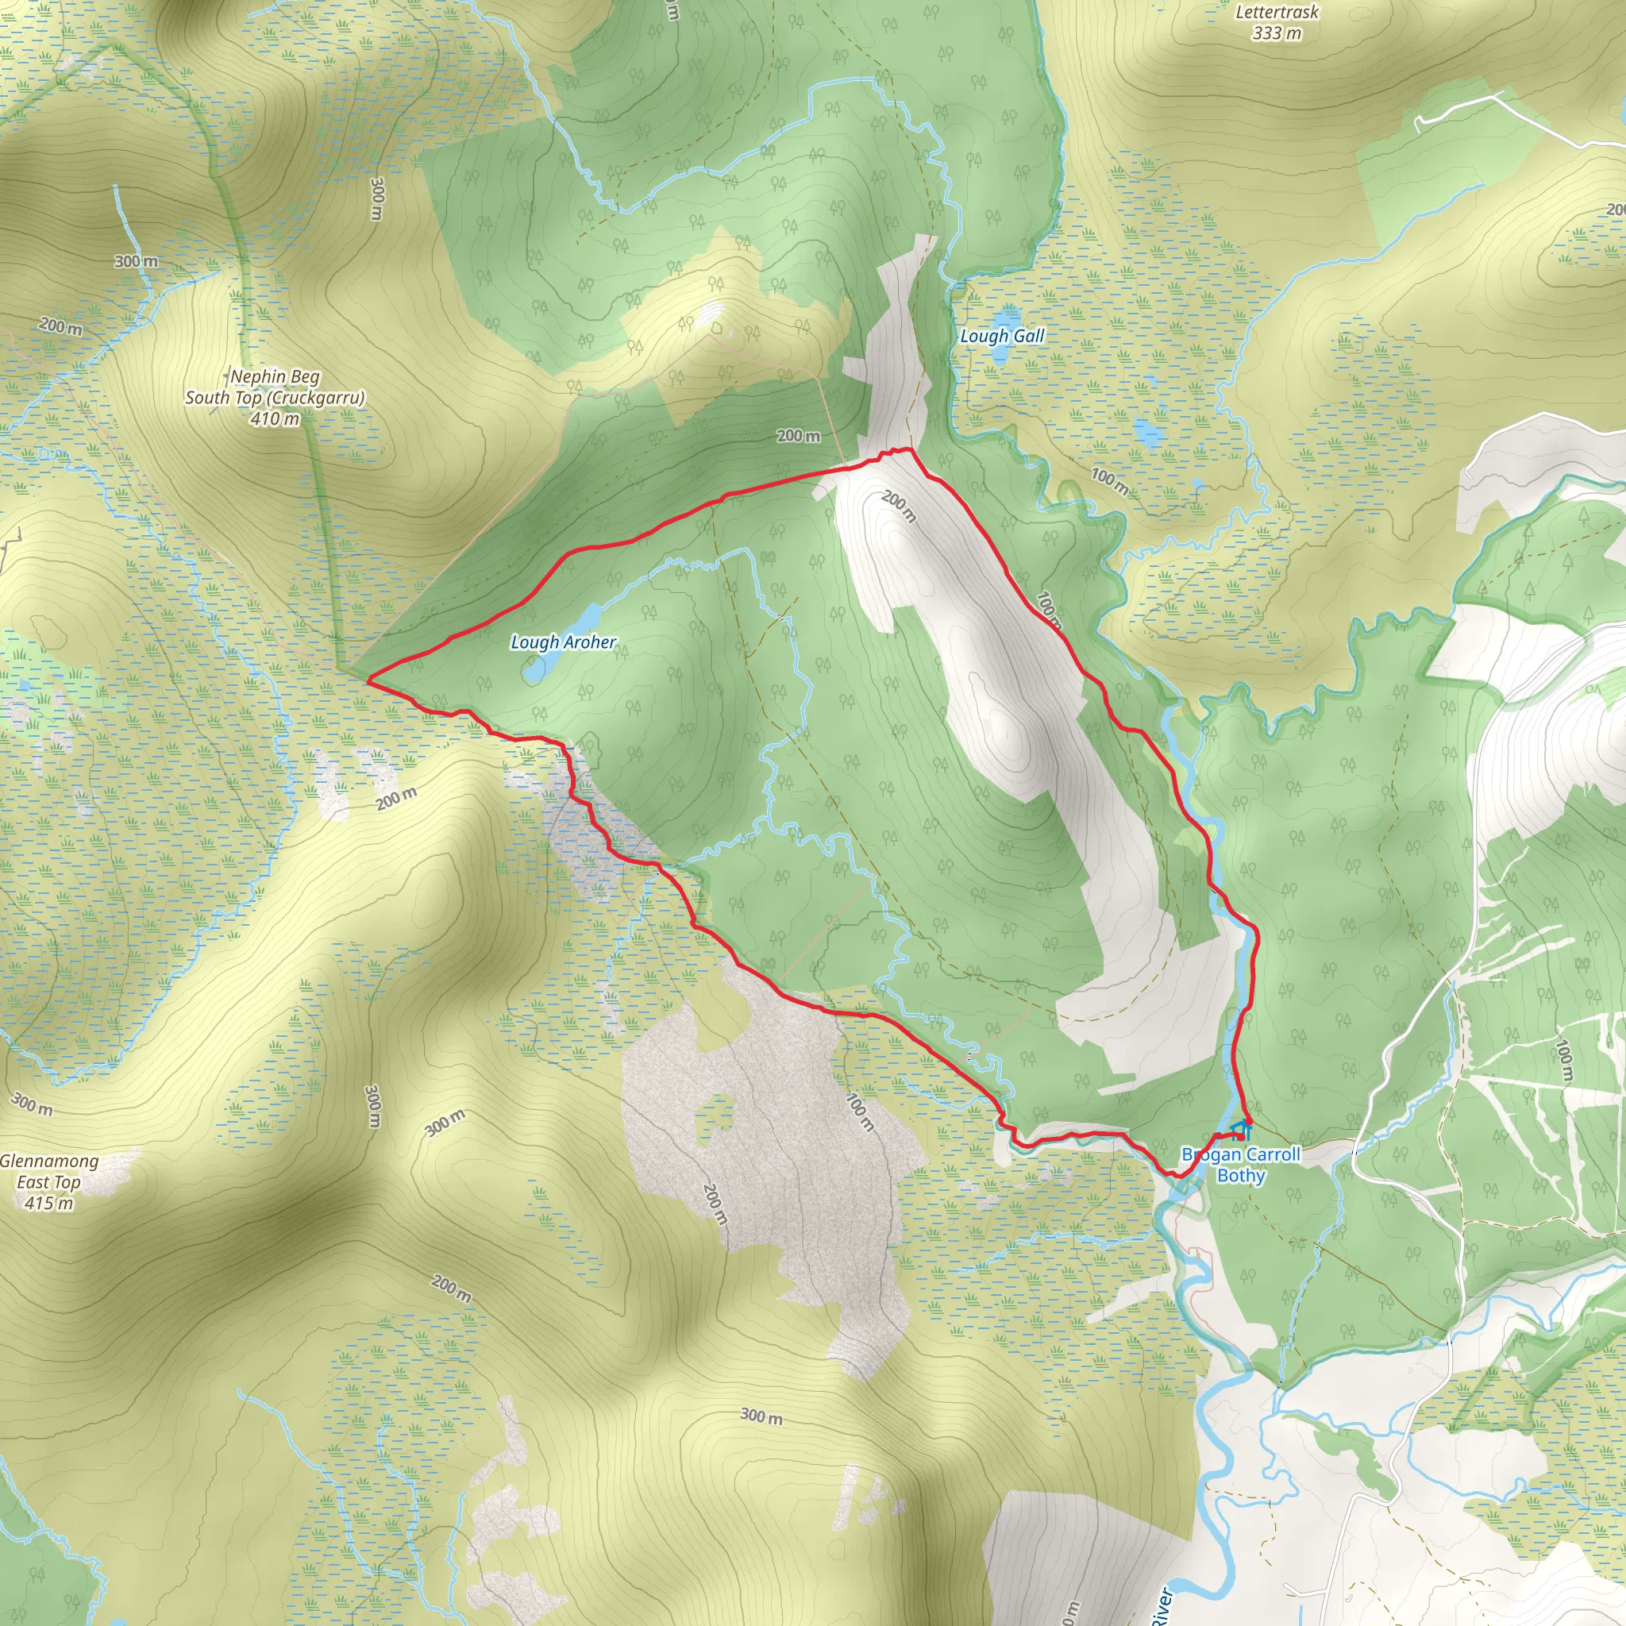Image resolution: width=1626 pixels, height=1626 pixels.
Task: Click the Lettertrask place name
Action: click(1277, 13)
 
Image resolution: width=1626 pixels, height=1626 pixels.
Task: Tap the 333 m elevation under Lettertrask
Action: click(1277, 33)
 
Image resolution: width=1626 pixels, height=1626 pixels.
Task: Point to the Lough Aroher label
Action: click(563, 642)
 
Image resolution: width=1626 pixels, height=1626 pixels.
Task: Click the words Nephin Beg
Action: click(275, 377)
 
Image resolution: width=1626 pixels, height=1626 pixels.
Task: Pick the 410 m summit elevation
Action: click(275, 418)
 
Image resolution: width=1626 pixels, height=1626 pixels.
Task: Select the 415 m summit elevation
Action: click(48, 1204)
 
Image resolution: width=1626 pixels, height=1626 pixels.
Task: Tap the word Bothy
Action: click(1241, 1176)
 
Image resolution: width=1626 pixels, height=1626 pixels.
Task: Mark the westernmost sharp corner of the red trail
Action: click(368, 682)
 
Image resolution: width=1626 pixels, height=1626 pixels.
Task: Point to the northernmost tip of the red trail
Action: click(907, 449)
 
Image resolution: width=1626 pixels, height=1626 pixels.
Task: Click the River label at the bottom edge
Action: click(1162, 1603)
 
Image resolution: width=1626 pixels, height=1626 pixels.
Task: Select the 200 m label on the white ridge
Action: click(898, 507)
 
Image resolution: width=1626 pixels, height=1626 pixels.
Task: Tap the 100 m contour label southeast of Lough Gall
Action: click(1109, 480)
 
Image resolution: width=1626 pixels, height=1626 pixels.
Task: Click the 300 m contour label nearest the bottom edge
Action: click(761, 1416)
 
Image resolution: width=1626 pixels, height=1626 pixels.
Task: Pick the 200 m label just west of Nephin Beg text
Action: click(60, 326)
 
